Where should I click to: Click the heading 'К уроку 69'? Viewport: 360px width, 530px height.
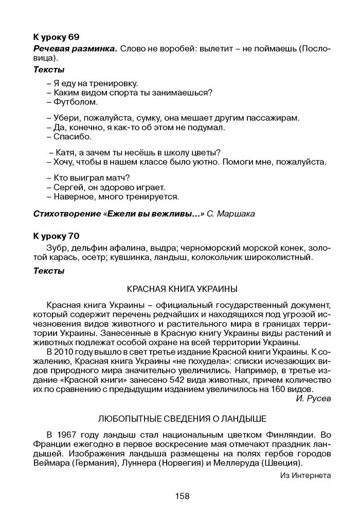pos(56,37)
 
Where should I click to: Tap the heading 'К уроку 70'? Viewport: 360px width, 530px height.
pos(56,236)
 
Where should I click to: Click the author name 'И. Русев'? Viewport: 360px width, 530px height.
pos(314,398)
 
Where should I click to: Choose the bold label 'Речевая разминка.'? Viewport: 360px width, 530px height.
pos(75,48)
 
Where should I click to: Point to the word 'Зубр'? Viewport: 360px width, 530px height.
pos(56,248)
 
